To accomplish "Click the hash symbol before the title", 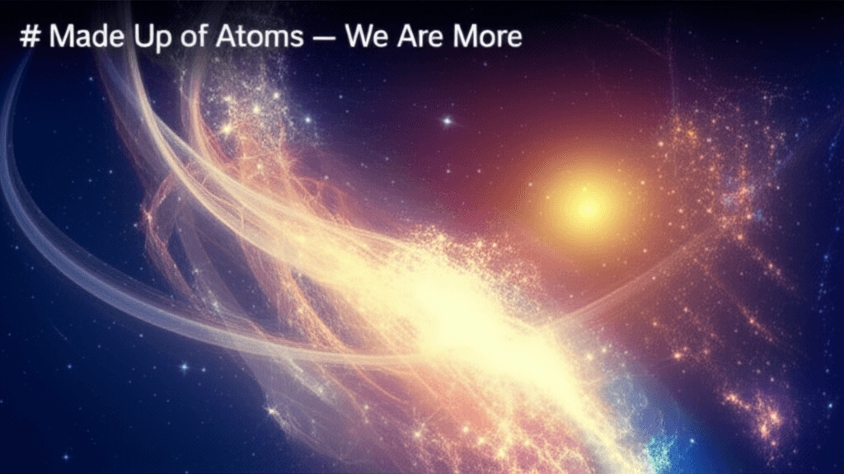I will [30, 37].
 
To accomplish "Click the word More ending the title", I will [486, 37].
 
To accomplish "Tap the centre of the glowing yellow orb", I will [587, 207].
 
